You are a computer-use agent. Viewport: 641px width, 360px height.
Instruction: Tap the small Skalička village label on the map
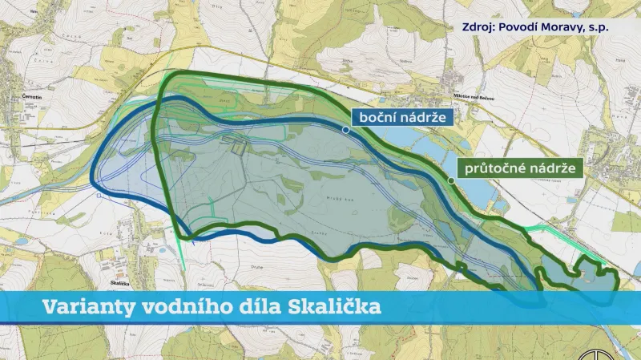click(120, 282)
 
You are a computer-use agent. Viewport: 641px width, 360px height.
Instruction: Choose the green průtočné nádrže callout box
click(518, 168)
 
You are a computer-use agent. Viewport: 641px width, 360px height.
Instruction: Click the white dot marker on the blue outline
click(345, 129)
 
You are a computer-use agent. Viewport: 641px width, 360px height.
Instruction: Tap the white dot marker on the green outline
click(451, 180)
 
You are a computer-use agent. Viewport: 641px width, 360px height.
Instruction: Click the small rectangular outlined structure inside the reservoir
click(238, 146)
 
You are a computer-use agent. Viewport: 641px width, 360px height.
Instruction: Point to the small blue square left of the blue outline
click(98, 195)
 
